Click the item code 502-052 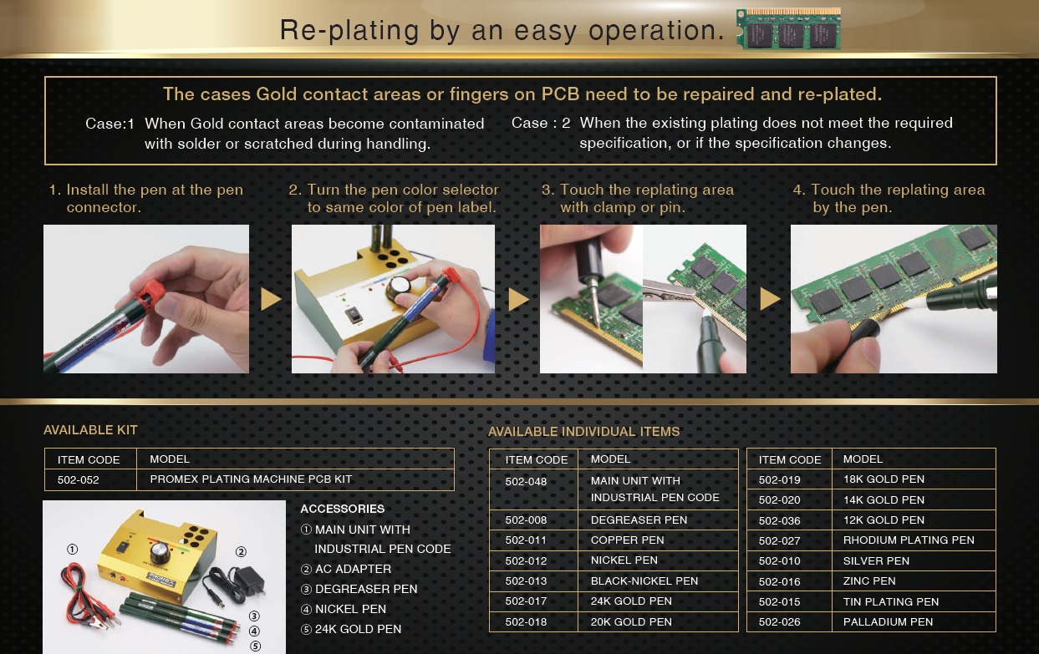tap(78, 479)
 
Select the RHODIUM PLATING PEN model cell tap(909, 540)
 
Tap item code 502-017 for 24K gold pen tap(526, 601)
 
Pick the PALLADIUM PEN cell tap(888, 621)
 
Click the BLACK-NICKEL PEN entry tap(644, 580)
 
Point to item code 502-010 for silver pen tap(779, 560)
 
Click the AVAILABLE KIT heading tap(90, 429)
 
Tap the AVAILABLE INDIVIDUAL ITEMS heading tap(583, 432)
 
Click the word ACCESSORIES tap(343, 509)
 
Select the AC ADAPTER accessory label tap(353, 569)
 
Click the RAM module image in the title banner tap(788, 28)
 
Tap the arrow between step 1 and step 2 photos tap(271, 299)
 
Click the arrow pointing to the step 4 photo tap(770, 299)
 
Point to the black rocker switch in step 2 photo tap(354, 316)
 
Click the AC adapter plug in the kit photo tap(250, 581)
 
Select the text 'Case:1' tap(110, 124)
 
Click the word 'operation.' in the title tap(656, 31)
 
